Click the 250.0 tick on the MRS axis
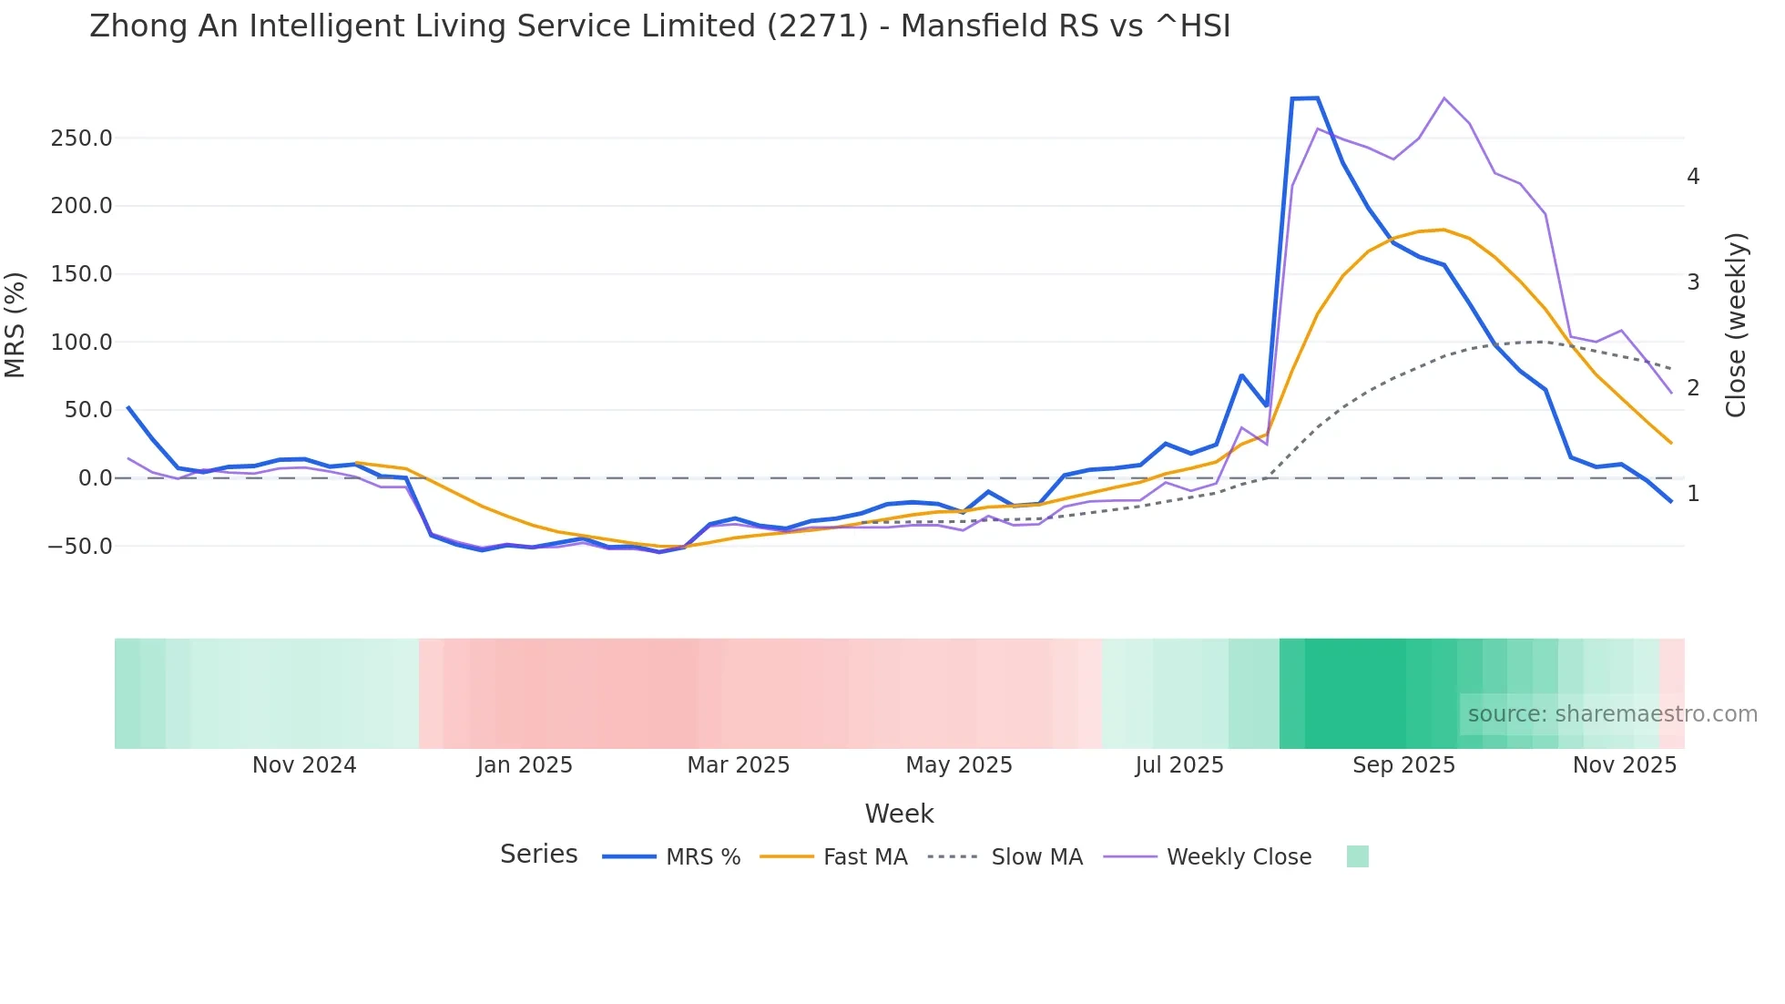(81, 138)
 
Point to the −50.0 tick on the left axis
(79, 547)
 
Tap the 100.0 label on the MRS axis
(81, 343)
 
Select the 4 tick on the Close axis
(1693, 177)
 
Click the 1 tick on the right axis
(1693, 494)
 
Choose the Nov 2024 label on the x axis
(304, 765)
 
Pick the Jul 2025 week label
(1179, 765)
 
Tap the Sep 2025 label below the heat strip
(1403, 765)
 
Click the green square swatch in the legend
(1357, 856)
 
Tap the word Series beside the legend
(538, 855)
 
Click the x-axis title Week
(899, 814)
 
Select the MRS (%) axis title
(15, 324)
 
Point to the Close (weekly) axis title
(1736, 324)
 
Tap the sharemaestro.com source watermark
(1612, 714)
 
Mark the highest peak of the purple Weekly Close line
(1444, 98)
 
